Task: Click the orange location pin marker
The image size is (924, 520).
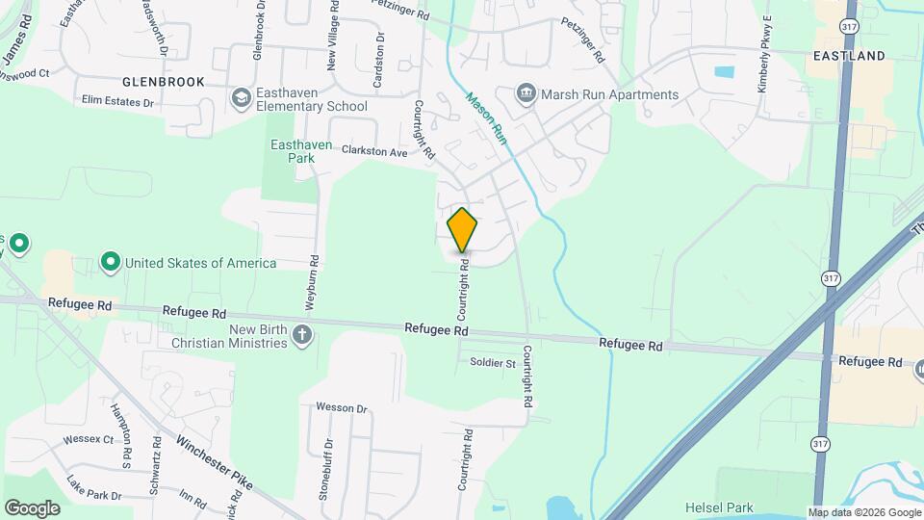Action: pyautogui.click(x=462, y=230)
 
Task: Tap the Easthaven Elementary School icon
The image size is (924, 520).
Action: pyautogui.click(x=241, y=98)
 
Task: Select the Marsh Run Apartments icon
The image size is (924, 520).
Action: pyautogui.click(x=526, y=93)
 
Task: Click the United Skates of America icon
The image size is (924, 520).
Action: pyautogui.click(x=111, y=262)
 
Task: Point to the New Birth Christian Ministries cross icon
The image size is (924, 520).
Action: pyautogui.click(x=302, y=335)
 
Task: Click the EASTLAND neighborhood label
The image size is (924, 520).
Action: pyautogui.click(x=848, y=56)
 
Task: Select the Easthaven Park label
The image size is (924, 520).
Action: pyautogui.click(x=300, y=151)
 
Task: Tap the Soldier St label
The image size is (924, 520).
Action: pyautogui.click(x=493, y=363)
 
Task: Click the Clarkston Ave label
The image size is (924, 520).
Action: pyautogui.click(x=373, y=151)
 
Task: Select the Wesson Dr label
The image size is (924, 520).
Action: pyautogui.click(x=342, y=408)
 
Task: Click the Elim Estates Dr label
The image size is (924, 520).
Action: pyautogui.click(x=118, y=100)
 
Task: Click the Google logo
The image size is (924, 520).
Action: pyautogui.click(x=31, y=507)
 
